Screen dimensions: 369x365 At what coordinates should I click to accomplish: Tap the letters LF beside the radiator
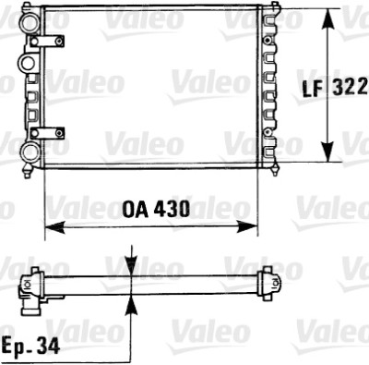tap(314, 89)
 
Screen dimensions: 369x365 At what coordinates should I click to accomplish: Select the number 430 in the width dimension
tap(172, 209)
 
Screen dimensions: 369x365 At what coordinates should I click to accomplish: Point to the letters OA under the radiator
tap(136, 209)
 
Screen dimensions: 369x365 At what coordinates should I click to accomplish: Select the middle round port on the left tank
tap(27, 63)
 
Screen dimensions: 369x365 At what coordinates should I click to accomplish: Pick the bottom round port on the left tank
tap(30, 152)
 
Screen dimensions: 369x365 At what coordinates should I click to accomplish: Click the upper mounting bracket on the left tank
tap(47, 41)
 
